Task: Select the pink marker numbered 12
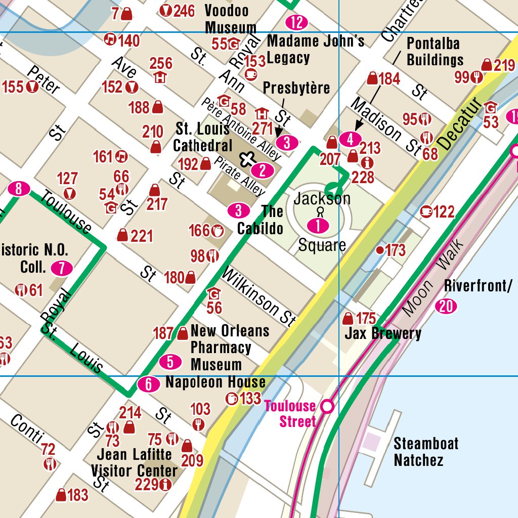[x=296, y=22]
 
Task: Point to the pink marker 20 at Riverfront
[x=446, y=307]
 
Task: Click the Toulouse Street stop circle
[x=328, y=406]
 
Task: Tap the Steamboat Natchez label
[x=426, y=452]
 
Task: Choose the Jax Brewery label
[x=382, y=334]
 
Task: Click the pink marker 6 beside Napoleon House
[x=149, y=384]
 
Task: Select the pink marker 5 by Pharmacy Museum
[x=170, y=362]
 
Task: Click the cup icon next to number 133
[x=232, y=399]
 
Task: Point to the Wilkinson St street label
[x=258, y=296]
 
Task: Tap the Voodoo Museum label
[x=231, y=19]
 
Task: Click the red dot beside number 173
[x=379, y=250]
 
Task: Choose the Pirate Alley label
[x=239, y=176]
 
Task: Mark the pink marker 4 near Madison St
[x=351, y=139]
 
